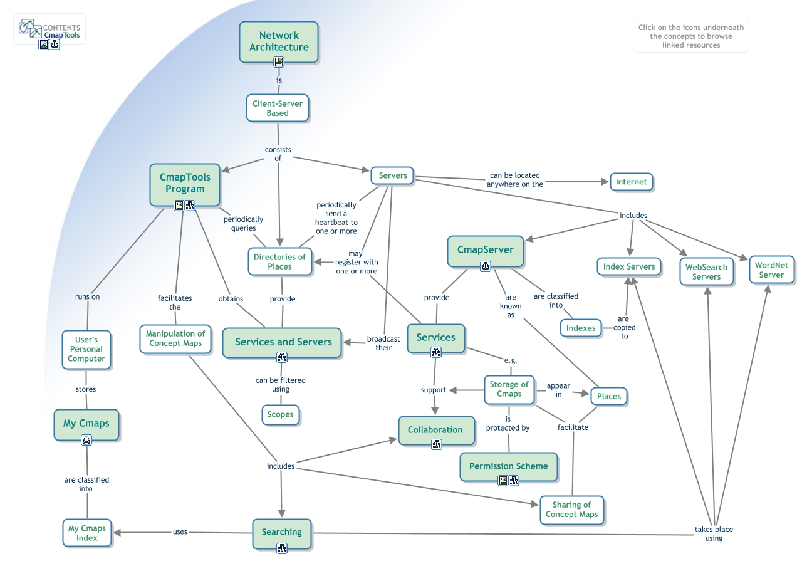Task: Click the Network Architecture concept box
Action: tap(279, 41)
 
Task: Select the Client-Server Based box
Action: tap(278, 108)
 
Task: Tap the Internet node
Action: tap(631, 182)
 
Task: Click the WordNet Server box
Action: tap(771, 270)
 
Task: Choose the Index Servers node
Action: tap(628, 266)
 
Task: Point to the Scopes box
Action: tap(280, 414)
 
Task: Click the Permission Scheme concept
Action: tap(508, 466)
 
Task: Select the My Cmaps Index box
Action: tap(87, 533)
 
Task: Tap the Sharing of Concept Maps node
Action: tap(571, 509)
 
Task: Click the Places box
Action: tap(608, 396)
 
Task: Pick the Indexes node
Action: tap(580, 328)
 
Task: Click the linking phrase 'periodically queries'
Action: tap(243, 224)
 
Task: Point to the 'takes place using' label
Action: tap(713, 533)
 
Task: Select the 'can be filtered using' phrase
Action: tap(280, 384)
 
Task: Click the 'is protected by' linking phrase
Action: tap(508, 423)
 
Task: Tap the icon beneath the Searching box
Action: tap(281, 548)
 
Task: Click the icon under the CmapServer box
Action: tap(485, 266)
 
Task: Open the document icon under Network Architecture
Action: tap(279, 61)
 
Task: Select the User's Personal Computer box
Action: tap(86, 349)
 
